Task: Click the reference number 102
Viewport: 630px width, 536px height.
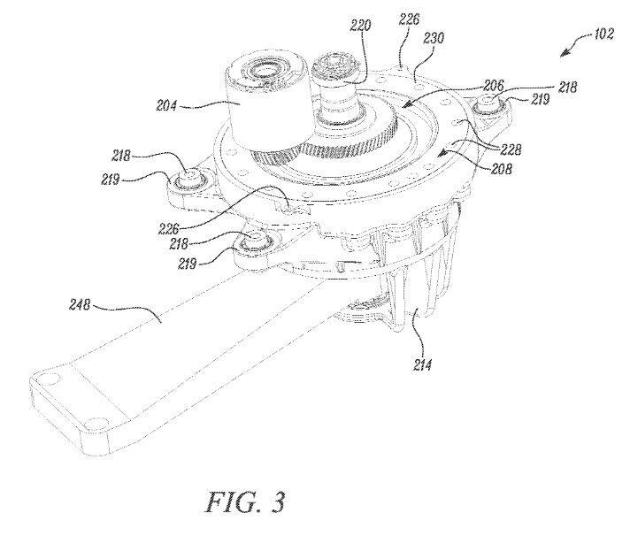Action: (x=603, y=34)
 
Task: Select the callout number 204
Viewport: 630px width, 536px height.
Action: (x=166, y=106)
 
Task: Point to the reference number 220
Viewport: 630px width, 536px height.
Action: (x=360, y=27)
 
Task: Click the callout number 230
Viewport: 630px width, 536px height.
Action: (x=434, y=38)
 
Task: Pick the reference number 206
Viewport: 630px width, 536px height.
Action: (x=493, y=85)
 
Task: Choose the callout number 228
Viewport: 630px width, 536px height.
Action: (x=511, y=149)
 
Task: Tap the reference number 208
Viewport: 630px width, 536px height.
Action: (x=501, y=168)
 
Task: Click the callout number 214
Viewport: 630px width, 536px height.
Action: (x=422, y=364)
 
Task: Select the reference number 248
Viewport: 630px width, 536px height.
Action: (x=81, y=305)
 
